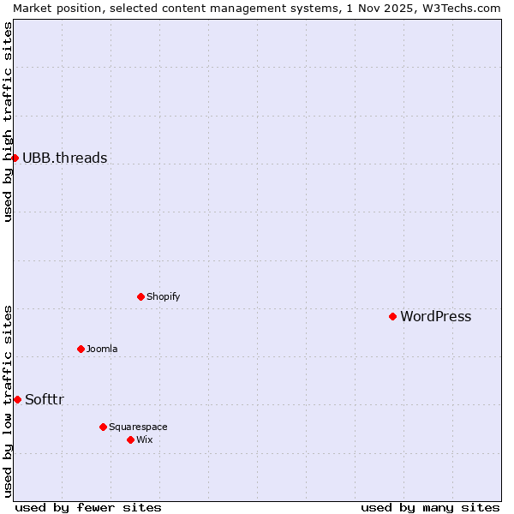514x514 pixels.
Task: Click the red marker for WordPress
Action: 392,316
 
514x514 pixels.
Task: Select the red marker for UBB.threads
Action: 15,158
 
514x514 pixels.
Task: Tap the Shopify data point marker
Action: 140,296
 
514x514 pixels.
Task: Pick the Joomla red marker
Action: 81,349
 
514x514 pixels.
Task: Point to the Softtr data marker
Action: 17,399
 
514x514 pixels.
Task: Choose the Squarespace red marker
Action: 103,427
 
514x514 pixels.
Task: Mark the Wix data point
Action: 130,439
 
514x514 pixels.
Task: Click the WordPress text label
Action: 435,316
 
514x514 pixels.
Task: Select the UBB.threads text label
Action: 64,158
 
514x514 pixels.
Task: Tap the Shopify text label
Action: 163,296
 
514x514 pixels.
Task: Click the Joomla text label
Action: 102,349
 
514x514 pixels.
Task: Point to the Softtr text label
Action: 45,399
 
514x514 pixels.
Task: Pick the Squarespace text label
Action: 138,427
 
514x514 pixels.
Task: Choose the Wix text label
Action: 144,439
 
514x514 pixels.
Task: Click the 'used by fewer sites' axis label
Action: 88,507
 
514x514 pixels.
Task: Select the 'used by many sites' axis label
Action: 430,507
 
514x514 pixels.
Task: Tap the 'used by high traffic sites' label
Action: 8,123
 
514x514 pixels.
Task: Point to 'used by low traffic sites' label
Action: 8,401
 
